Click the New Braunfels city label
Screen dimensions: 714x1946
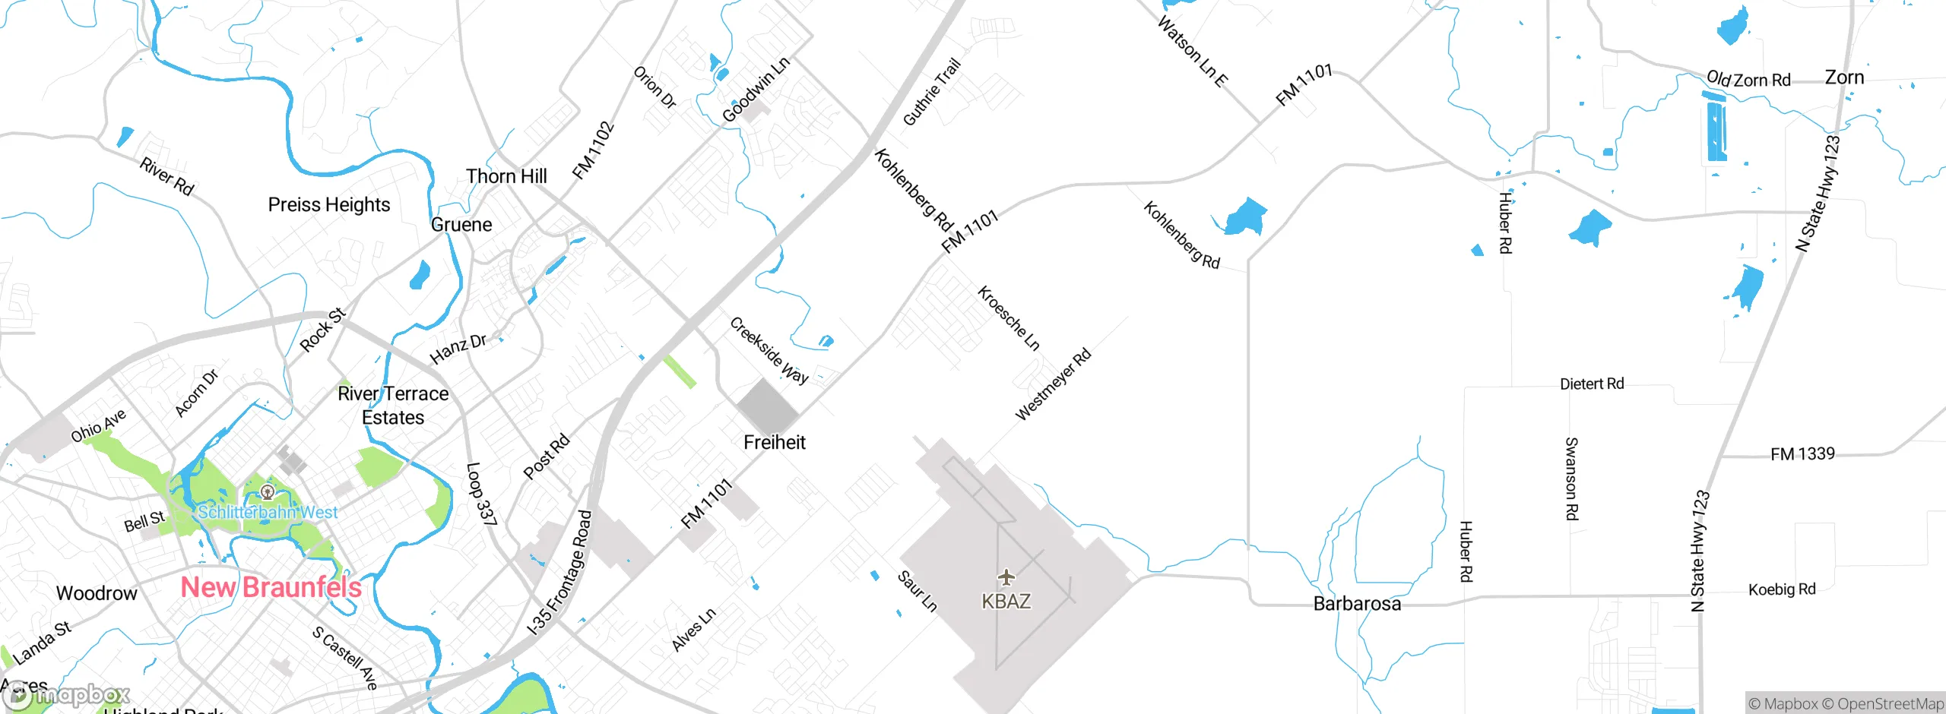271,587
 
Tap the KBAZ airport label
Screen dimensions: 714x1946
1006,602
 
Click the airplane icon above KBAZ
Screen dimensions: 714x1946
1006,577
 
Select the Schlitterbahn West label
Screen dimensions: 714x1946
268,512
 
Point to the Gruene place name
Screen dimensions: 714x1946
461,225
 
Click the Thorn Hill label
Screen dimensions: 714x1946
506,176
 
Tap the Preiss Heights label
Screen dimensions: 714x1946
329,205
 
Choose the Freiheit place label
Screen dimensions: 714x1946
774,442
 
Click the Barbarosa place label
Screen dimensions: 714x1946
1357,604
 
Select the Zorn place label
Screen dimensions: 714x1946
1844,77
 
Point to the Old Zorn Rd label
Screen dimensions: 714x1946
1748,79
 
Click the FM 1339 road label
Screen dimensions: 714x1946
1802,454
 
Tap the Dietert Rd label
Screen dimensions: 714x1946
1592,384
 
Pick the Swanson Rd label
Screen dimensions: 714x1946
1571,479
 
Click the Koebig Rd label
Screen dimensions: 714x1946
1782,589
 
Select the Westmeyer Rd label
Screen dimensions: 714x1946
1053,384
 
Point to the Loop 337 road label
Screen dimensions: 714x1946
480,494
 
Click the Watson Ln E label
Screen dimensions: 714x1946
1192,52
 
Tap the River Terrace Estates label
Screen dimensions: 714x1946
393,406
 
